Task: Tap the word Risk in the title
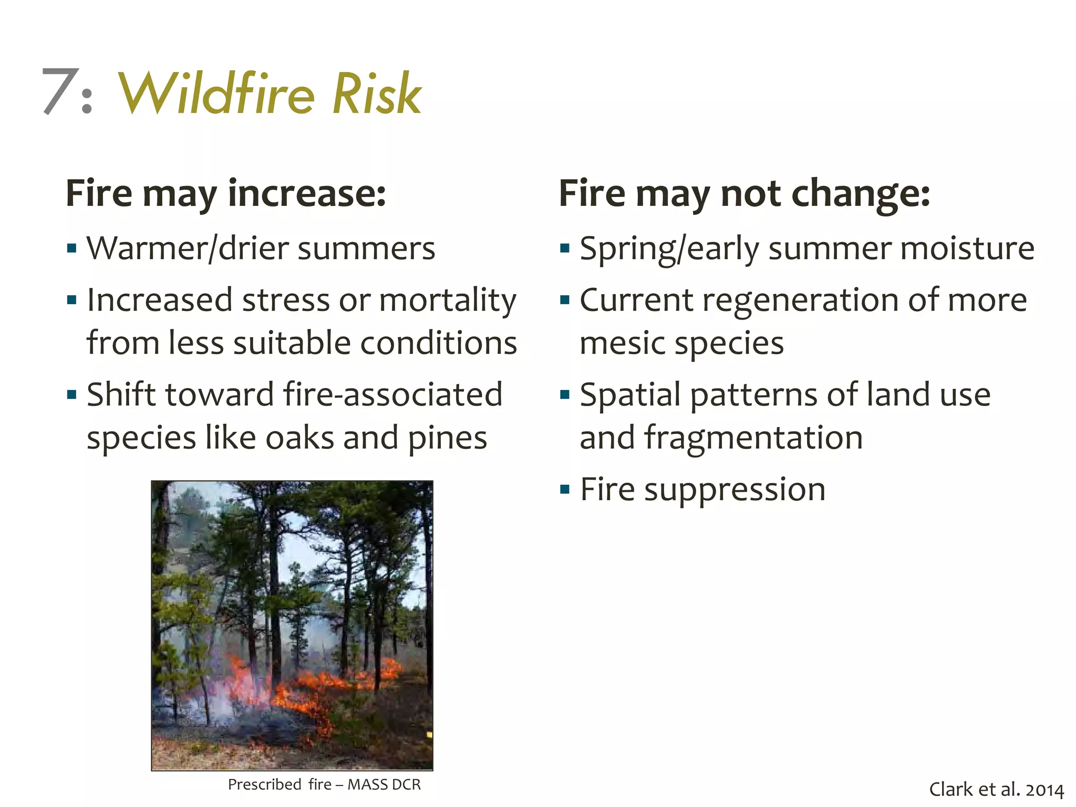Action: point(377,94)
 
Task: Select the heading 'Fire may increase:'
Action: point(226,193)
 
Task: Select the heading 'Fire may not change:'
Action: point(744,193)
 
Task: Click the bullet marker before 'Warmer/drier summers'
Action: point(72,247)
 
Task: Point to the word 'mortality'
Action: point(448,301)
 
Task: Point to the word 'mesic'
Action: point(622,344)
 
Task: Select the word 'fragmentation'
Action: point(753,438)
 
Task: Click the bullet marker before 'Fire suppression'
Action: point(565,490)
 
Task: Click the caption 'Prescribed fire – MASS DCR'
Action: point(324,784)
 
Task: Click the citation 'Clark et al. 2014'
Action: point(996,790)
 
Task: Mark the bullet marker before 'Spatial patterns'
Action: point(565,395)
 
